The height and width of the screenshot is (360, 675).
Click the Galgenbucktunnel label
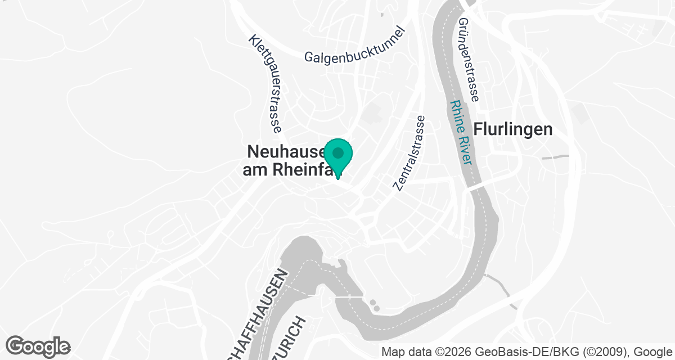355,45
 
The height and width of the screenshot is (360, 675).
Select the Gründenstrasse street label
468,60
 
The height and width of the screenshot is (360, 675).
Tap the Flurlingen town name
513,129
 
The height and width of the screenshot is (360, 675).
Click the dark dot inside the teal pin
338,152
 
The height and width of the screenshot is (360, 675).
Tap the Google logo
38,345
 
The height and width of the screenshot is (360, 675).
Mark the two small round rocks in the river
373,305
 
